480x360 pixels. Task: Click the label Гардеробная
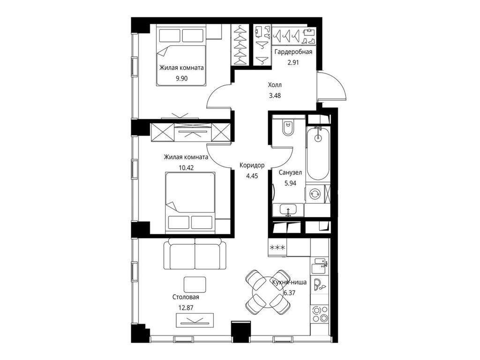tap(293, 52)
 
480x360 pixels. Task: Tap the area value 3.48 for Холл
tap(275, 96)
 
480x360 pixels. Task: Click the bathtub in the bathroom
tap(318, 153)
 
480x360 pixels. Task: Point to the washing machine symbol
tap(315, 194)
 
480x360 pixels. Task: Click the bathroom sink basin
tap(288, 210)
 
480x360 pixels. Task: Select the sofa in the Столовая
tap(195, 255)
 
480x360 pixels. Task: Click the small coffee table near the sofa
tap(195, 285)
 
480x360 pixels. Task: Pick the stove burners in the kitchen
tap(320, 314)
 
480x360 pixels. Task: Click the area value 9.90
tap(181, 78)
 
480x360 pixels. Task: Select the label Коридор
tap(252, 165)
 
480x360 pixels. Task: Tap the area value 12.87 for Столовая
tap(186, 308)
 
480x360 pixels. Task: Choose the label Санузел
tap(290, 172)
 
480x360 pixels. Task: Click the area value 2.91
tap(293, 62)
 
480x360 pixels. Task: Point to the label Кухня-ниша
tap(289, 283)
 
